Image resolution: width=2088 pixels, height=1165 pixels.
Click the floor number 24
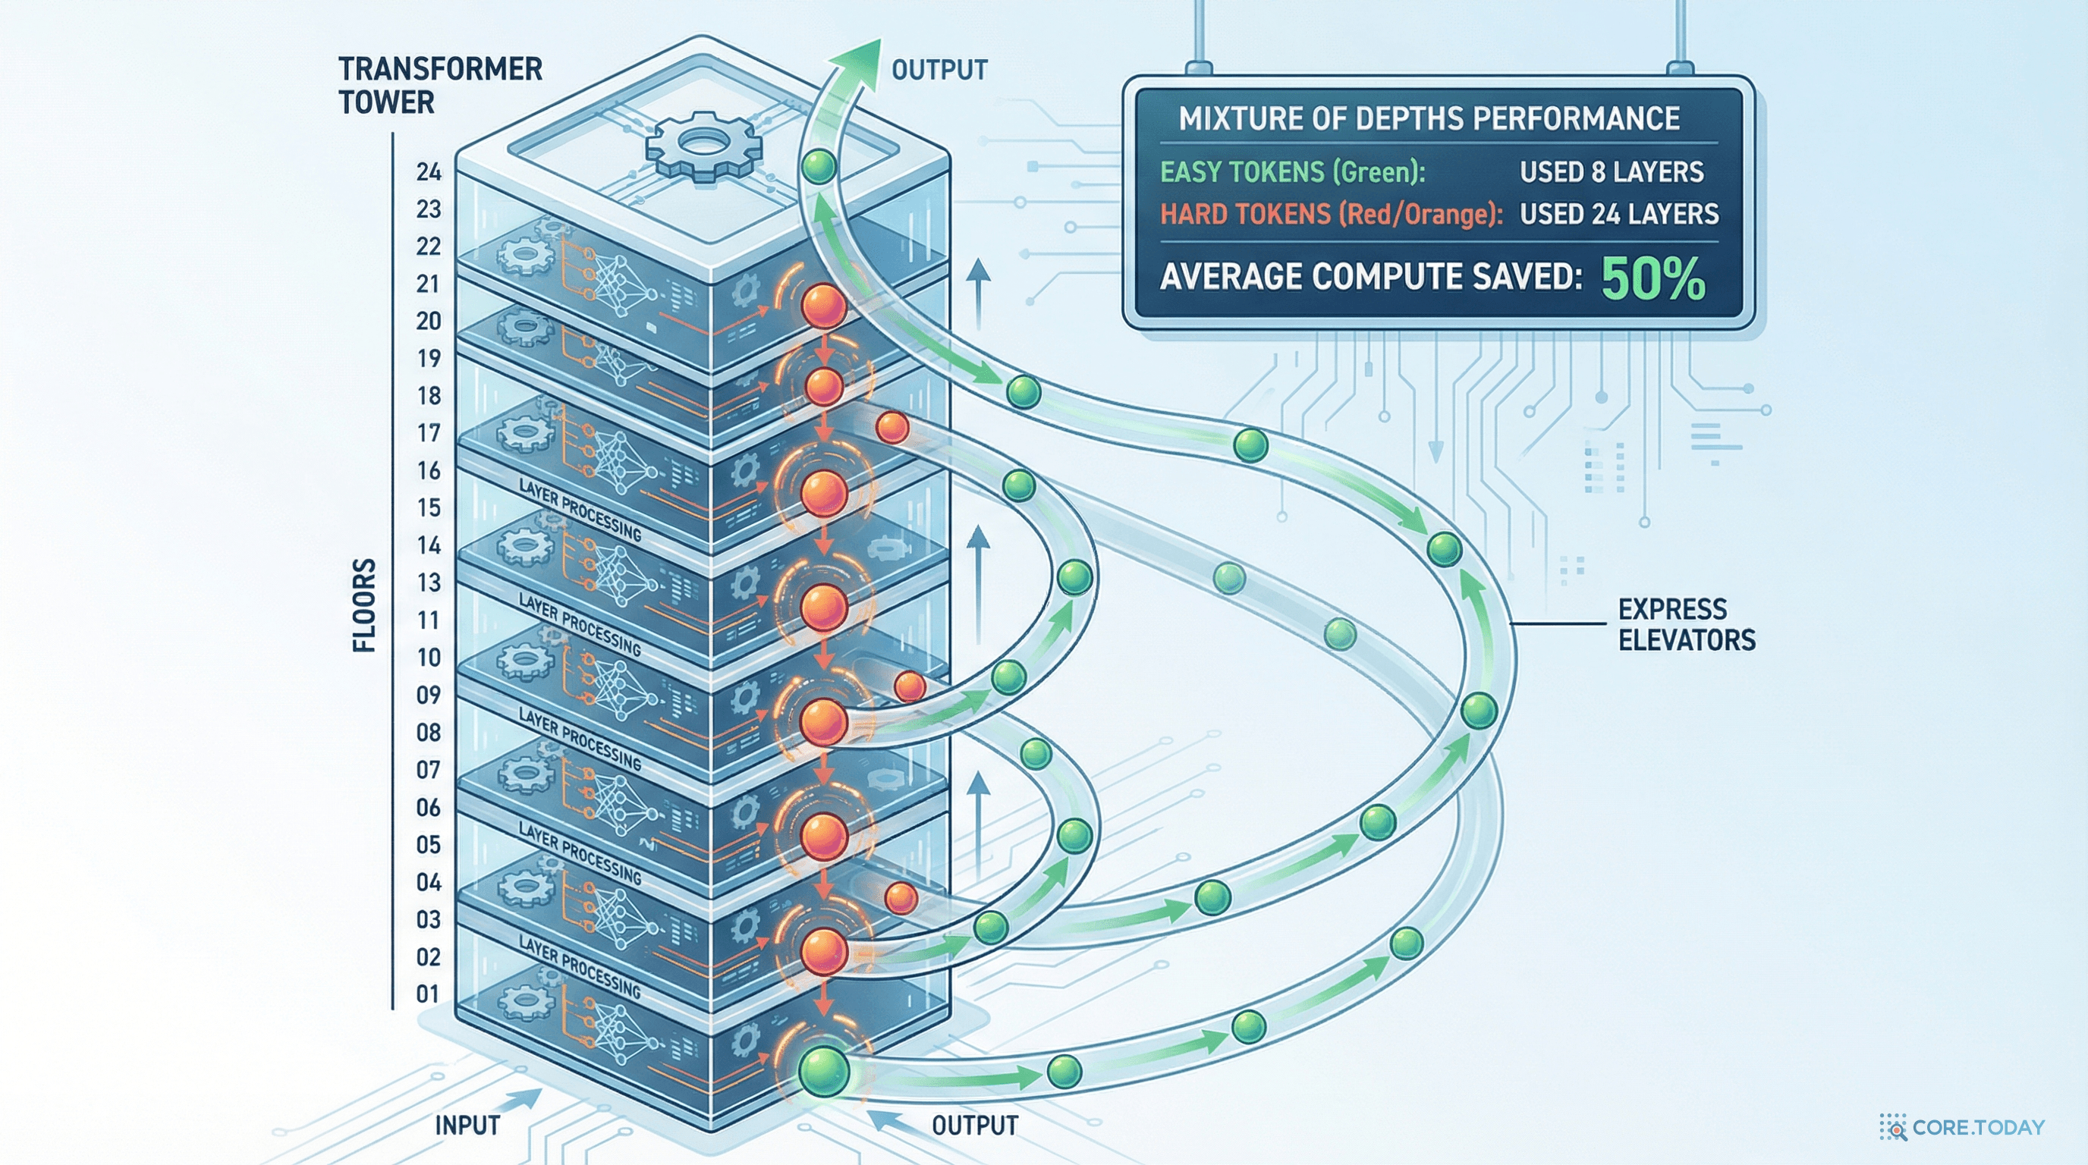pos(429,171)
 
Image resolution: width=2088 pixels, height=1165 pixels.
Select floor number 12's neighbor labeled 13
pos(429,582)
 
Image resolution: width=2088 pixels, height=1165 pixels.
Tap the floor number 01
pos(428,994)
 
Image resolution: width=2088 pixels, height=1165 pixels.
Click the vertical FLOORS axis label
pos(365,605)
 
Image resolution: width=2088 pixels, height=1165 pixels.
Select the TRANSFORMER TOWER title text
pos(439,85)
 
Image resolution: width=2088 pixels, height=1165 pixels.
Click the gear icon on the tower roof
pos(703,147)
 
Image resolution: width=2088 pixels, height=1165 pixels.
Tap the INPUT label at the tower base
pos(467,1126)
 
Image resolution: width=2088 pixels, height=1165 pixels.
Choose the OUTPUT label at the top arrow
pos(939,70)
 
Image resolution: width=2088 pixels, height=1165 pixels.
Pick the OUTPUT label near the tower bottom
pos(974,1126)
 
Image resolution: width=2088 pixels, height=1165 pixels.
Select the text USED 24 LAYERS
pos(1618,214)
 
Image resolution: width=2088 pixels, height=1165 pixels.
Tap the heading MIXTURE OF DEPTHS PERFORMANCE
pos(1429,118)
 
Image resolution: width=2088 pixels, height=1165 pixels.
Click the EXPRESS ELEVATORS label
pos(1686,625)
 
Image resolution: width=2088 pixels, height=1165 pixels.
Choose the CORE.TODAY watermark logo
pos(1961,1127)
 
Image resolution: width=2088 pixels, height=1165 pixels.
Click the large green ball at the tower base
pos(823,1072)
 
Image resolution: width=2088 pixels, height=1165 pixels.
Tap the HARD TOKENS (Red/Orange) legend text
pos(1331,214)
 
